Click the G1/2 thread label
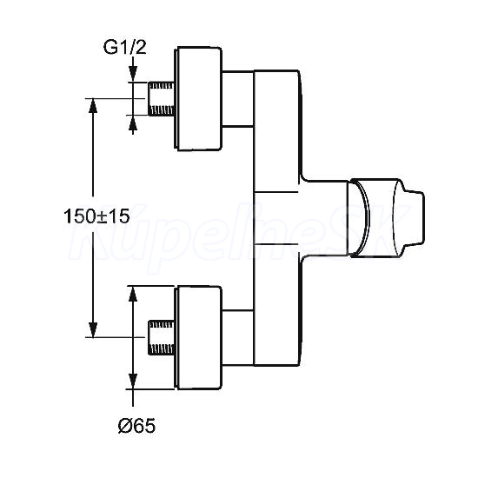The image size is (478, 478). tap(124, 48)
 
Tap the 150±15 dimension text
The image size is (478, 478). tap(96, 216)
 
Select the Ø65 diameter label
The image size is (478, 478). tap(136, 426)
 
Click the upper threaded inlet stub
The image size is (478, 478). tap(162, 98)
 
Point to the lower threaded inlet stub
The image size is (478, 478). tap(162, 337)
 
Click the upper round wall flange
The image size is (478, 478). tap(198, 98)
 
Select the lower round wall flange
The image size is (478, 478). tap(198, 338)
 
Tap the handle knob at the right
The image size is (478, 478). tap(386, 217)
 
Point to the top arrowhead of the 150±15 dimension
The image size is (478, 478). tap(93, 105)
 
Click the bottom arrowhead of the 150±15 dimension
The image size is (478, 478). tap(93, 330)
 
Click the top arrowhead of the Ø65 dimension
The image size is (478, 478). tap(133, 294)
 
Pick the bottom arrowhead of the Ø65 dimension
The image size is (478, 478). tap(133, 382)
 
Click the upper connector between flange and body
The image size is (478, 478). tap(238, 98)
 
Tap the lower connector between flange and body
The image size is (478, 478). tap(238, 338)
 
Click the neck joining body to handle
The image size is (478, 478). tap(325, 217)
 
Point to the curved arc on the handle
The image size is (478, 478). tap(368, 217)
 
